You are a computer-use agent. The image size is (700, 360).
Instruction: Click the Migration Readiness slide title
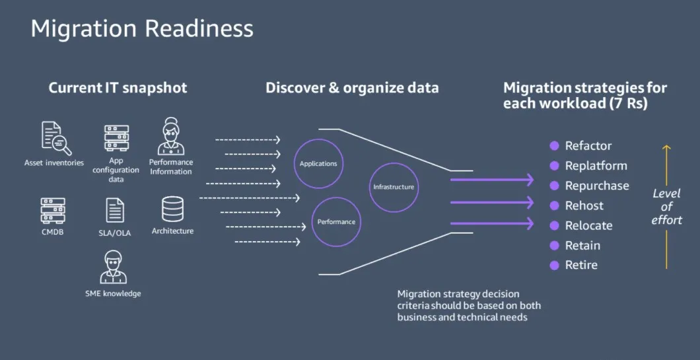coord(142,29)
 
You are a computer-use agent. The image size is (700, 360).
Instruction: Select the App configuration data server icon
coord(116,138)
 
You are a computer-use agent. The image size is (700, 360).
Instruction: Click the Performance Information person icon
coord(170,137)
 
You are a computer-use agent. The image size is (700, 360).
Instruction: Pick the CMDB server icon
coord(52,211)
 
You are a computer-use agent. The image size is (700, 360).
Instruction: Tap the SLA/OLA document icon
coord(115,210)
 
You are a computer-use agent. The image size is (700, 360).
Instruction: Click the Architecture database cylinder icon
coord(172,209)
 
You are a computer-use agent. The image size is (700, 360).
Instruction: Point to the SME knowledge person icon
coord(113,268)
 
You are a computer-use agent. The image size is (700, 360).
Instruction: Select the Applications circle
coord(318,163)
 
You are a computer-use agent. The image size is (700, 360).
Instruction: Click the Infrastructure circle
coord(394,187)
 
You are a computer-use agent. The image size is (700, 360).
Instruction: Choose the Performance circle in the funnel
coord(336,222)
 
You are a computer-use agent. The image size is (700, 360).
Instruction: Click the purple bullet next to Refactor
coord(555,146)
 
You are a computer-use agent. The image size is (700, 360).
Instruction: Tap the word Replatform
coord(596,166)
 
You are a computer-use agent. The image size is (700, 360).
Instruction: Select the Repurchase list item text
coord(597,186)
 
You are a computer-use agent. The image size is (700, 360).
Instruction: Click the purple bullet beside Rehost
coord(555,205)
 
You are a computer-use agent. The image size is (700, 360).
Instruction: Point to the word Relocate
coord(588,225)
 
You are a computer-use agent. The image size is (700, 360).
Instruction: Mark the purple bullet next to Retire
coord(555,265)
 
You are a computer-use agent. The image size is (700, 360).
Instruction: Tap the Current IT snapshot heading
coord(118,88)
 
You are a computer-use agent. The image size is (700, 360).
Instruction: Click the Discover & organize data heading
coord(352,88)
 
